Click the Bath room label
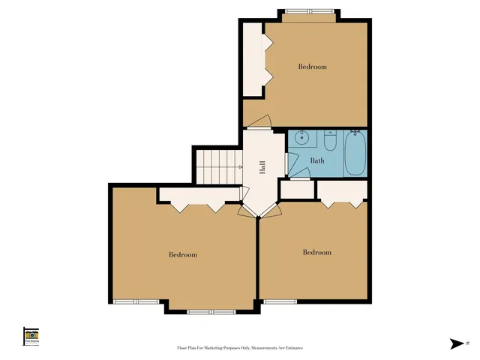pos(317,160)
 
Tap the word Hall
pos(262,167)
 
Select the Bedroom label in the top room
pos(313,67)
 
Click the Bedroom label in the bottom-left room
pos(182,255)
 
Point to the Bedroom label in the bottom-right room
pos(316,253)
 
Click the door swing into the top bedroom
pos(258,122)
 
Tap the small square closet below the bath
pos(296,190)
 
